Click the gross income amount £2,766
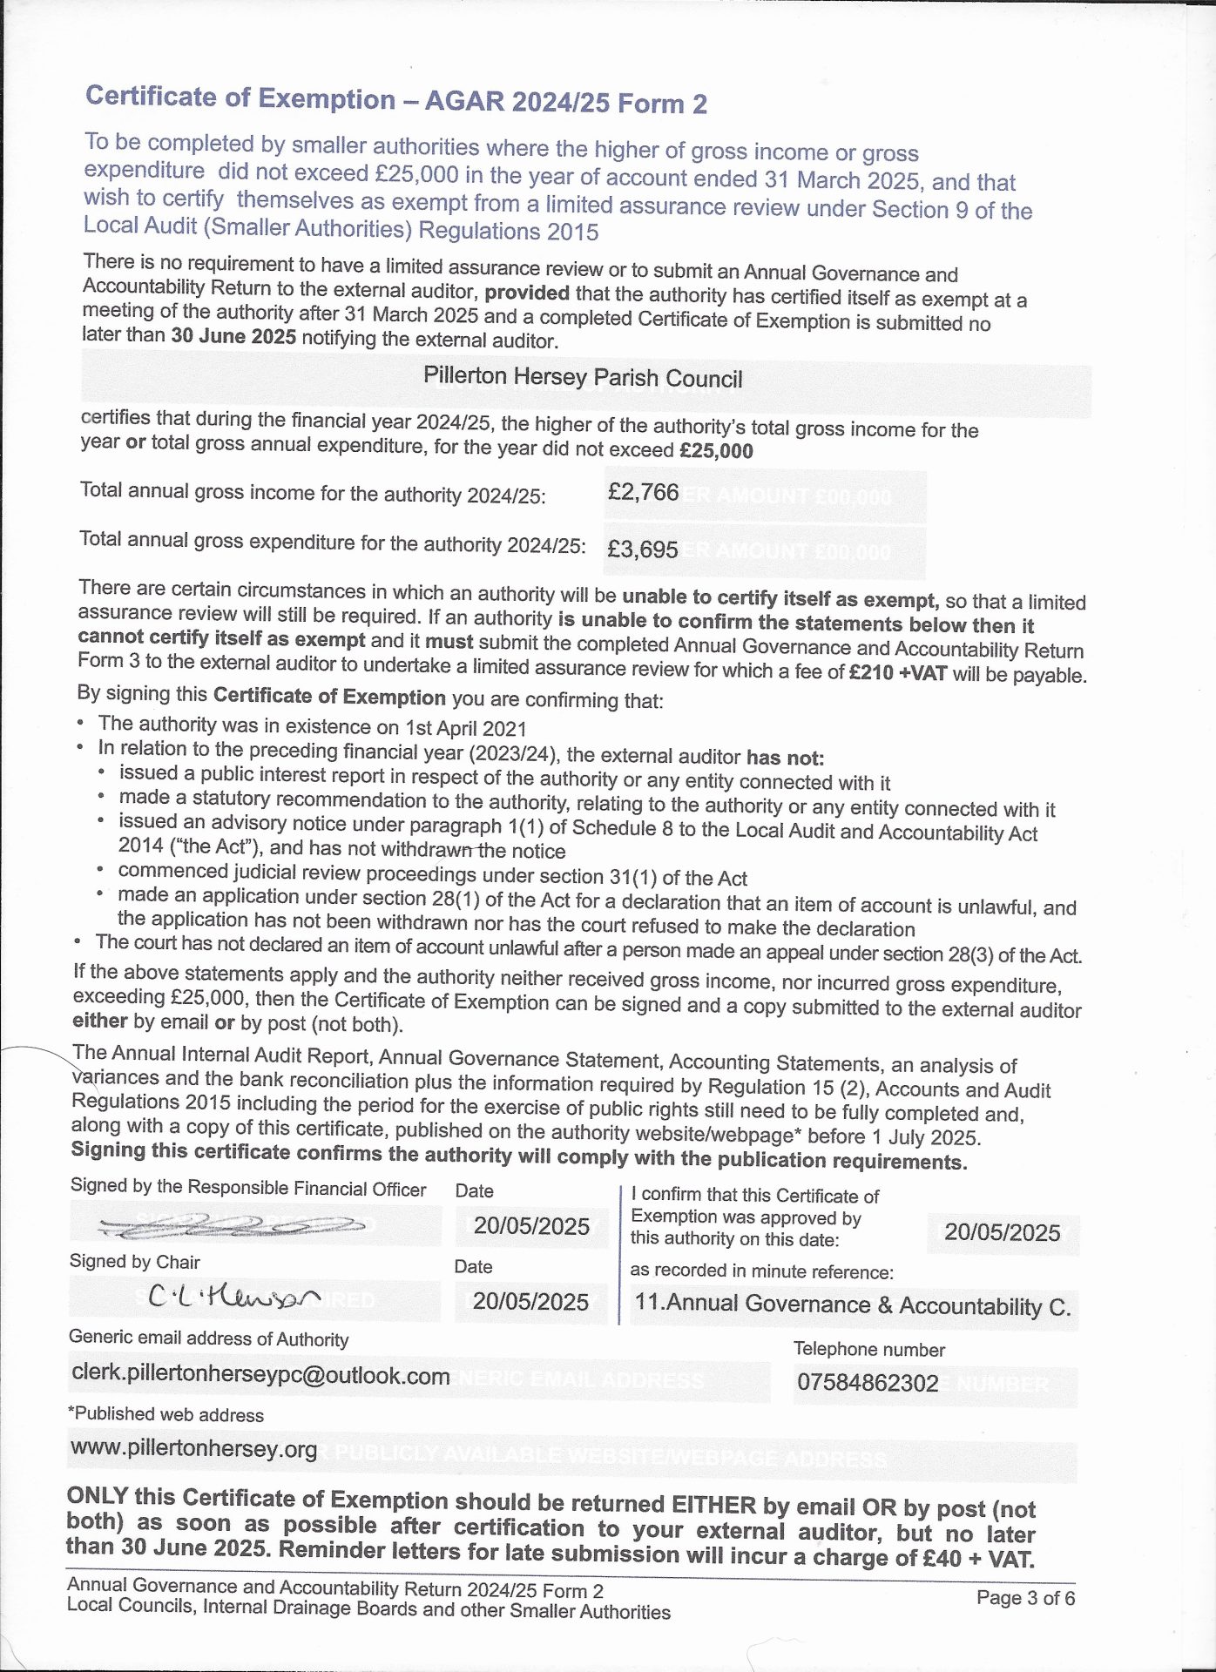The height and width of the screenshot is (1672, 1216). pos(643,493)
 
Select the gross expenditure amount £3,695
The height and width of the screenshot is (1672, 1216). pos(642,549)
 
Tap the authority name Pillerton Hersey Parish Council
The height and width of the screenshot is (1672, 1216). pos(583,377)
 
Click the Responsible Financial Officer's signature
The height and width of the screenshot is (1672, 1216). pos(232,1225)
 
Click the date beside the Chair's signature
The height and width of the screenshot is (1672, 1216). pos(530,1302)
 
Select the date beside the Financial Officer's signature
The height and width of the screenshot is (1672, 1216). pos(531,1226)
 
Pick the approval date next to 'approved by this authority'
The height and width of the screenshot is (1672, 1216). pos(1002,1232)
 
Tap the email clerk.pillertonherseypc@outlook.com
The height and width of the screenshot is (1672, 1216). pos(260,1375)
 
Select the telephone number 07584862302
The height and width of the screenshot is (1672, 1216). pos(868,1383)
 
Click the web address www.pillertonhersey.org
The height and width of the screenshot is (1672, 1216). pos(194,1448)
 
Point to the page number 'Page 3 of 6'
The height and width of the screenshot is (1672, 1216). pos(1025,1597)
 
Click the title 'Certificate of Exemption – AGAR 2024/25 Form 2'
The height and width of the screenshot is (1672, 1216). pos(396,100)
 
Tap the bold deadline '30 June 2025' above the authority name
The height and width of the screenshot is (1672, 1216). pos(233,336)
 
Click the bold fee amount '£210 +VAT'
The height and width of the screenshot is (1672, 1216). pos(897,673)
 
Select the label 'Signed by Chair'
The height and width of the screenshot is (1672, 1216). pos(135,1262)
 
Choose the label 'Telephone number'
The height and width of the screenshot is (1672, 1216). pos(868,1350)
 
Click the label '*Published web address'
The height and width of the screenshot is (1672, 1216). pos(166,1414)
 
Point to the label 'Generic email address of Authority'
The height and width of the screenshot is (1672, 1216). pos(209,1338)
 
